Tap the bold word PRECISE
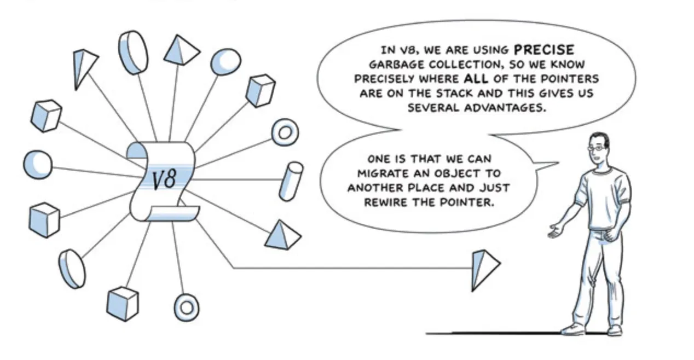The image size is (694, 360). [544, 50]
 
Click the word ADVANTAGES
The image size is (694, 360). [506, 107]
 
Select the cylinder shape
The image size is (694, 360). [290, 181]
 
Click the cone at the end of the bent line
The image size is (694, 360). [484, 269]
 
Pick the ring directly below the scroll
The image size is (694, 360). [186, 306]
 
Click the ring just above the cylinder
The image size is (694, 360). [285, 132]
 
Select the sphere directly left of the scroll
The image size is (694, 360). [38, 164]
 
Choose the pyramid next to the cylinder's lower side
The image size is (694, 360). [284, 235]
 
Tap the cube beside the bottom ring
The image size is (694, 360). [122, 303]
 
